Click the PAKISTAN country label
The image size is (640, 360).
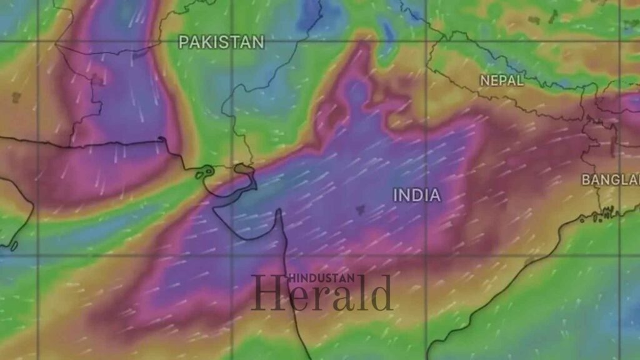click(x=221, y=42)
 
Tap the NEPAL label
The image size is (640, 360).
click(x=502, y=81)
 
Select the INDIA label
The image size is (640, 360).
click(x=417, y=195)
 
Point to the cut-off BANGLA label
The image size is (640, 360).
click(x=611, y=180)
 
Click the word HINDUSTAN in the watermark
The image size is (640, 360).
click(x=321, y=279)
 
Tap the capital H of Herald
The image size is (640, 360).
click(x=264, y=294)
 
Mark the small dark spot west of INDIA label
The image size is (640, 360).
click(x=360, y=211)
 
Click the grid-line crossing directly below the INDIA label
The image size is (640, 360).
click(x=426, y=255)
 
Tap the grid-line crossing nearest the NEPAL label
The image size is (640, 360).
click(x=426, y=41)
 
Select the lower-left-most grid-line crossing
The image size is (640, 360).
click(x=38, y=255)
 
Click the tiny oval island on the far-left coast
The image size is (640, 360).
click(x=14, y=246)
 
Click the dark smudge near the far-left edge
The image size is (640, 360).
click(x=16, y=97)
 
